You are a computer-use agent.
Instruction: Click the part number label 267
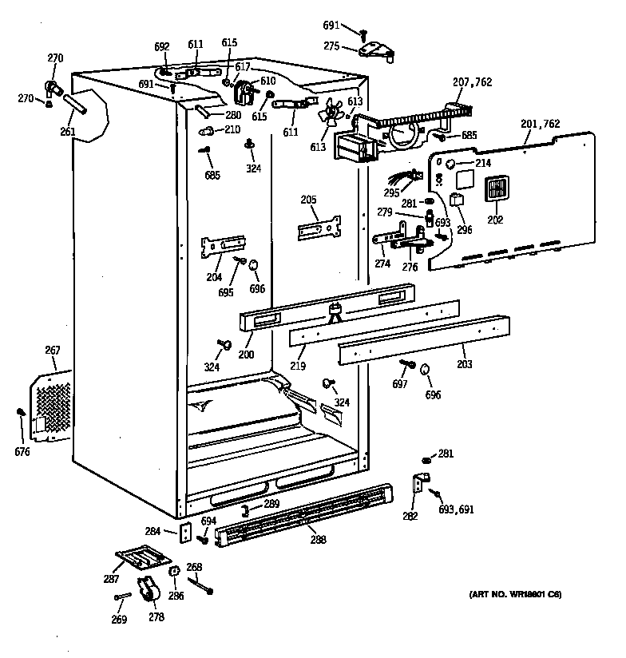(x=52, y=350)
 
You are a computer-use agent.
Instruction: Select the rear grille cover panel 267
(x=51, y=407)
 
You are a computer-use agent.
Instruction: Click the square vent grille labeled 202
(x=496, y=191)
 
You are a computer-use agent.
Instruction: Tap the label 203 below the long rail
(x=464, y=364)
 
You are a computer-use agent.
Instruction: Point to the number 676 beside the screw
(x=22, y=452)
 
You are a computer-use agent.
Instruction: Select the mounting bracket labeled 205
(x=319, y=228)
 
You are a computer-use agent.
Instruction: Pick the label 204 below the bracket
(x=213, y=277)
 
